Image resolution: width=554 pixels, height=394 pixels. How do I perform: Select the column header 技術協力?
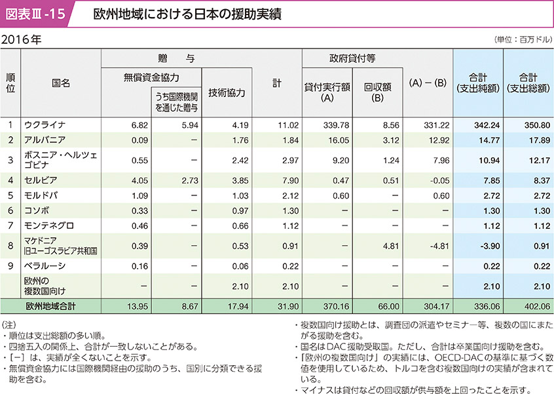pos(227,93)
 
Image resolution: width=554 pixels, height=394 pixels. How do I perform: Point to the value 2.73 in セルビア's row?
pos(187,179)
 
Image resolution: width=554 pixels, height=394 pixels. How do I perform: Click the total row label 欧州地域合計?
pos(52,305)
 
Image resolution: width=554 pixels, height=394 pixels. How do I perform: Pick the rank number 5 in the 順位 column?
pos(10,195)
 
